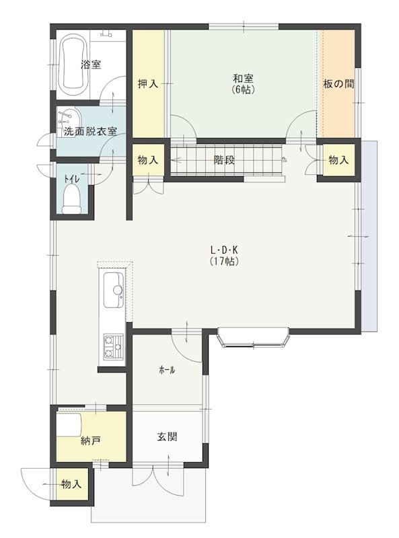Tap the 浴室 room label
pos(91,64)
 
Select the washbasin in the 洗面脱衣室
pos(69,119)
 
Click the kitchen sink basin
pos(114,291)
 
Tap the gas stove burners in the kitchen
pos(113,346)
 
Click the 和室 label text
pos(243,79)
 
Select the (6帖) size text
pos(243,90)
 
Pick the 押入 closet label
pos(147,83)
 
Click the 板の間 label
pos(338,83)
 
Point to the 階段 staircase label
pos(224,159)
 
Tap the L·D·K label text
pos(224,249)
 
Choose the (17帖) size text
pos(224,262)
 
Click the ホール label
pos(167,370)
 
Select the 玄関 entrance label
pos(168,436)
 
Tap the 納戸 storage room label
pos(91,441)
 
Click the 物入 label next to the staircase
pos(148,159)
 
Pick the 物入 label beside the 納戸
pos(71,484)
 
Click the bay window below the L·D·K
pos(254,340)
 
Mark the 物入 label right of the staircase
pos(338,159)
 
